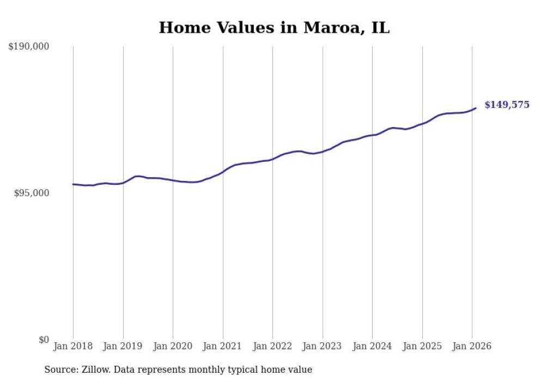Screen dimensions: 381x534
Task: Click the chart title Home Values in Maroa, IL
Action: coord(274,27)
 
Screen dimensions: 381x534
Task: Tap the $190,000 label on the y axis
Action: coord(29,47)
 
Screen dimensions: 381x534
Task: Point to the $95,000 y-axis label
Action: coord(32,193)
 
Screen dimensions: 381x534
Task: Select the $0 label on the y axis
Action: coord(44,340)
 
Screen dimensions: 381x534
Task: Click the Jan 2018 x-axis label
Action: coord(73,346)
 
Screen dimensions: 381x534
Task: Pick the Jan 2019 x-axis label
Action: coord(123,346)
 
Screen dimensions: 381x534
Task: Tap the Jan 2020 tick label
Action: coord(173,346)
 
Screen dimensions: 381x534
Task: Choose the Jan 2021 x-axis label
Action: coord(223,346)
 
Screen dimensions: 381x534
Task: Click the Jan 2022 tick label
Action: coord(272,346)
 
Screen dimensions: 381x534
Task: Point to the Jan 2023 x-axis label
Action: coord(323,346)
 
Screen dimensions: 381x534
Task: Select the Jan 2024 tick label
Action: coord(372,346)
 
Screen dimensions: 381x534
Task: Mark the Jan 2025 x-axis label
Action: coord(422,346)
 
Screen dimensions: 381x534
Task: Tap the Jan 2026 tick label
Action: coord(472,346)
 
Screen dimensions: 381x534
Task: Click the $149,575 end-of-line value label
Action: coord(507,105)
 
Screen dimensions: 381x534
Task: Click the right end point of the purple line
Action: coord(476,108)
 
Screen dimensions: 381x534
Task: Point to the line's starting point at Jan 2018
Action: coord(73,184)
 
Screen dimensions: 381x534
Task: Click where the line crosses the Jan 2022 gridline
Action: coord(272,159)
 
